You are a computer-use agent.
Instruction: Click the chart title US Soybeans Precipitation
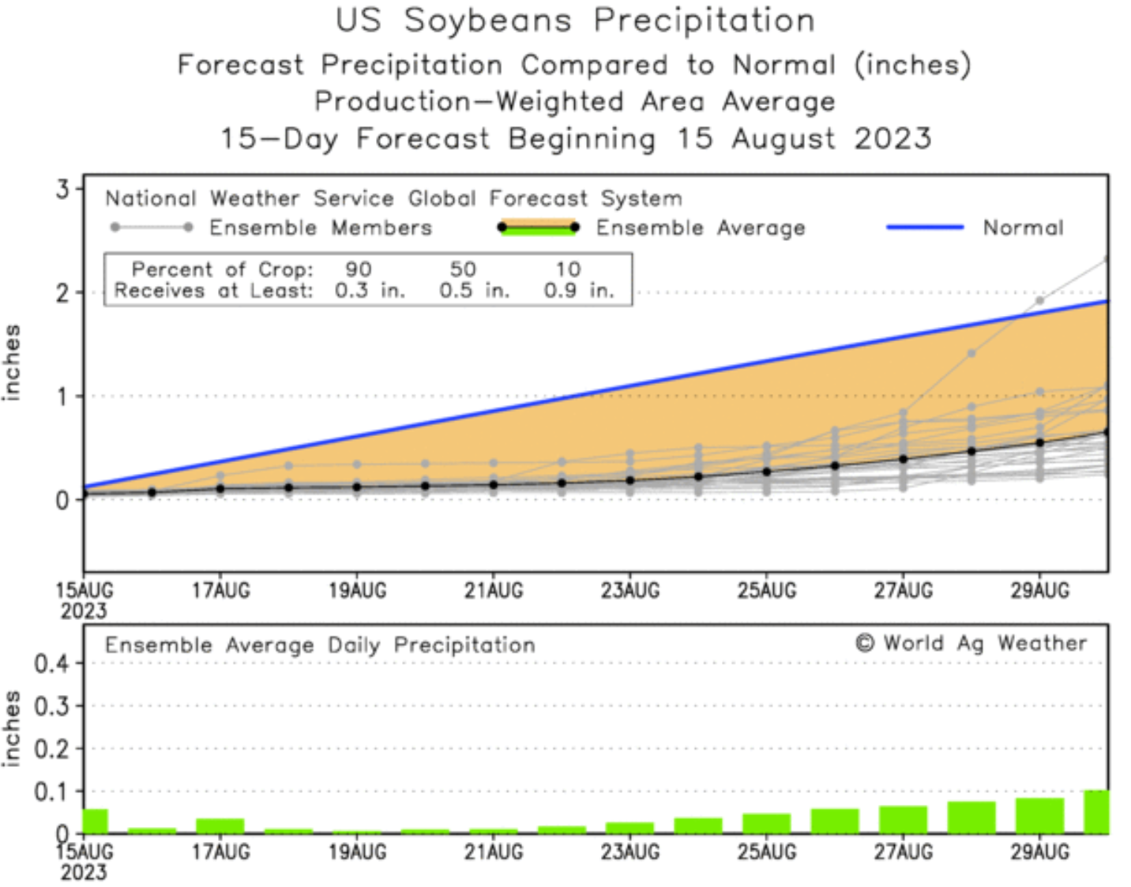pos(575,21)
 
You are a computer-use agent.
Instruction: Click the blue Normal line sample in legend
pos(925,227)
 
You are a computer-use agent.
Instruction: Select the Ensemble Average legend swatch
pos(538,227)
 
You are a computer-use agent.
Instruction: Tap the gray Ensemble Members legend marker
pos(152,227)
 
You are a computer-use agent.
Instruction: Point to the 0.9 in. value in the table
pos(578,291)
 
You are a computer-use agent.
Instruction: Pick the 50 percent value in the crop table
pos(463,269)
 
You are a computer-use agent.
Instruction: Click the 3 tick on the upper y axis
pos(62,189)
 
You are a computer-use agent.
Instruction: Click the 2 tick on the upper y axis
pos(62,293)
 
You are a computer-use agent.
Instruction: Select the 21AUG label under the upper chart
pos(494,591)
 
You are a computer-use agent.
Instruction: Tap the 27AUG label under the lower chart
pos(904,852)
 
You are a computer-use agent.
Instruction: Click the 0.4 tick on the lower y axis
pos(51,663)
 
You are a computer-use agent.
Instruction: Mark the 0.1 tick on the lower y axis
pos(51,791)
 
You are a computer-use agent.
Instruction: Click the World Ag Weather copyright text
pos(971,643)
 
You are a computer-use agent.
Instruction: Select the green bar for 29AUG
pos(1039,816)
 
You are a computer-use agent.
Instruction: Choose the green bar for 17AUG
pos(220,826)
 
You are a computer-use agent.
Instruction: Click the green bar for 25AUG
pos(766,824)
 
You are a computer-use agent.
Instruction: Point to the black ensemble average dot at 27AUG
pos(904,459)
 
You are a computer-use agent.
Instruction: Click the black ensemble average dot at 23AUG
pos(630,480)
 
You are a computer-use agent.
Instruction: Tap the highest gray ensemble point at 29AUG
pos(1040,300)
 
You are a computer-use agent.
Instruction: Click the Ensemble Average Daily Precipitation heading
pos(320,645)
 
